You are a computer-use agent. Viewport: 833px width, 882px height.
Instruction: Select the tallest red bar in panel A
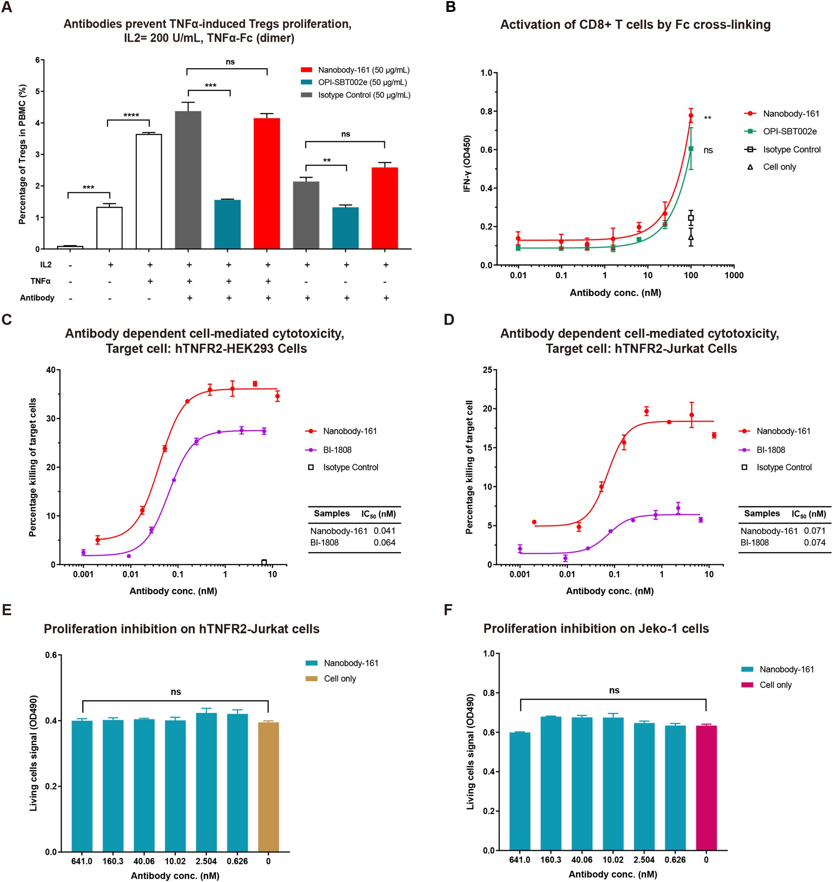coord(266,183)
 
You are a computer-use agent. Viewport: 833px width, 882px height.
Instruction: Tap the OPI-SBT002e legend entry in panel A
coord(362,82)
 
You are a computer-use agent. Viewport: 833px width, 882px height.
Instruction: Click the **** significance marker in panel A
coord(131,116)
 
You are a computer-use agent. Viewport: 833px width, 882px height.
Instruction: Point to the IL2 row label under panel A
coord(46,265)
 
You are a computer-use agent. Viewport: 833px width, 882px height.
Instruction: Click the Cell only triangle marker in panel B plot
coord(691,238)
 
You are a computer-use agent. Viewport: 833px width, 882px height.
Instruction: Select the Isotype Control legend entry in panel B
coord(791,150)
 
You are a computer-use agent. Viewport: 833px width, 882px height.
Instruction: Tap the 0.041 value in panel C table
coord(385,531)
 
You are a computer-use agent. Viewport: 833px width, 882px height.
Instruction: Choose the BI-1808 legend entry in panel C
coord(337,450)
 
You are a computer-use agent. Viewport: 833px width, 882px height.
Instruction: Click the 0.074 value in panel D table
coord(815,542)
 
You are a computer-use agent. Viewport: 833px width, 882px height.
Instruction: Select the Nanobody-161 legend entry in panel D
coord(783,431)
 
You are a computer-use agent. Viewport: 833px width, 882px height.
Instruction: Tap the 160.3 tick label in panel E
coord(113,861)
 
